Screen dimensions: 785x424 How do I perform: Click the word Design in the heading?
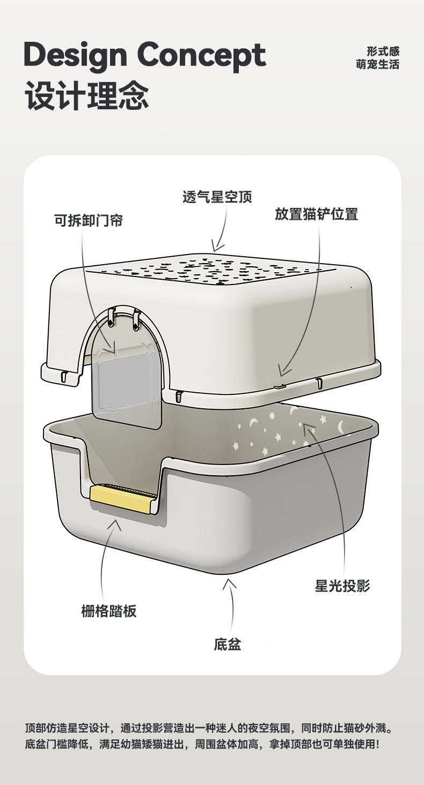pos(75,55)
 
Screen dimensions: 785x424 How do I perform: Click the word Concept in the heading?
pos(202,55)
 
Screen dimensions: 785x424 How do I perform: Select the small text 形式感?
pos(383,51)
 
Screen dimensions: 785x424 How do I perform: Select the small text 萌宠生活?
pos(378,65)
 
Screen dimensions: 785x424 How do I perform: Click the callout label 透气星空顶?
pos(217,197)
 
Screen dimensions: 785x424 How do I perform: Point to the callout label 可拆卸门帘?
pos(89,220)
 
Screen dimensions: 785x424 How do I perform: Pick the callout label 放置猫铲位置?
pos(316,214)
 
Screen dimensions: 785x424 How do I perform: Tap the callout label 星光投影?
pos(342,586)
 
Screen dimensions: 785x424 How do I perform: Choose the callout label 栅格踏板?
pos(109,611)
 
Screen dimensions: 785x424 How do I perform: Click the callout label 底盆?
pos(228,644)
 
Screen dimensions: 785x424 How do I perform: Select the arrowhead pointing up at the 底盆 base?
pos(230,582)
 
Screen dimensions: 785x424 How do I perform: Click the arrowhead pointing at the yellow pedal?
pos(114,522)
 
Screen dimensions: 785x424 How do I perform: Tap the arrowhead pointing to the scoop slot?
pos(283,371)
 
